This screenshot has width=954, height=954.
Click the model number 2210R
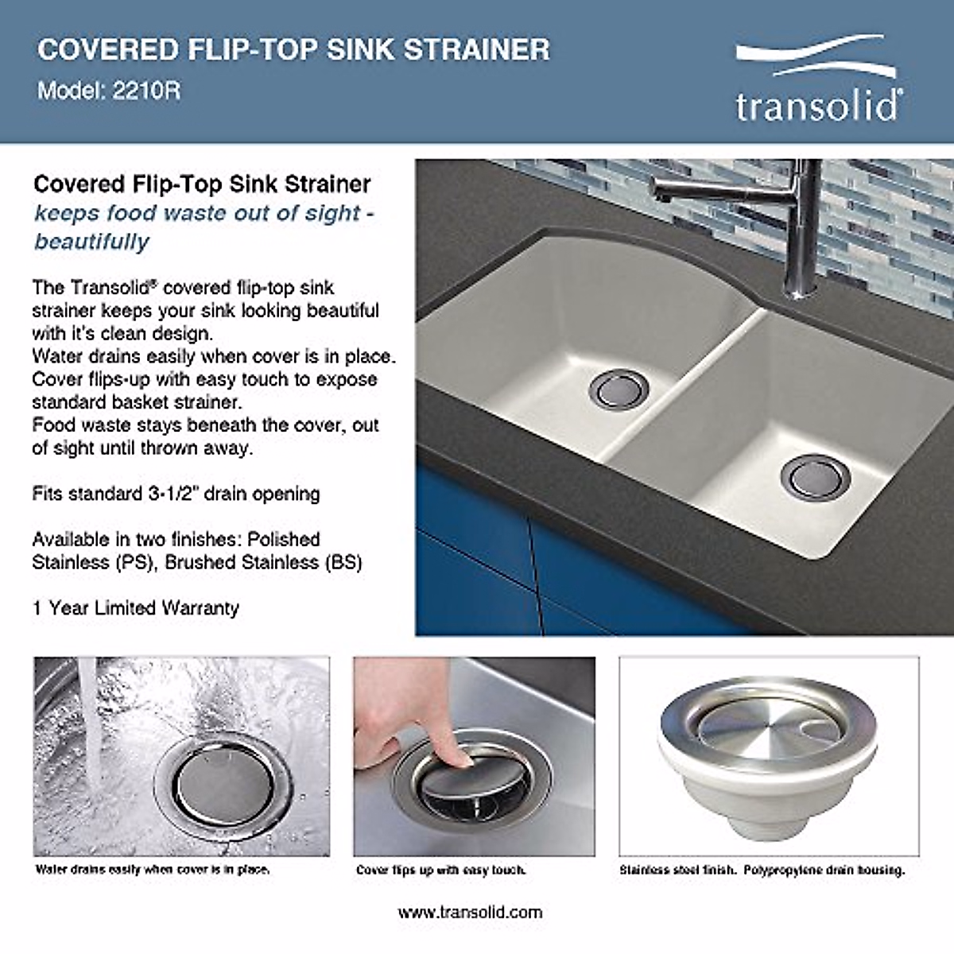pos(146,91)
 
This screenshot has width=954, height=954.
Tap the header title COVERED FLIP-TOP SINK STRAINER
pos(293,49)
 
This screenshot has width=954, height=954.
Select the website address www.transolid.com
pos(470,912)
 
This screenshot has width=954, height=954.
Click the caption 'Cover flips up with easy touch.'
pos(441,870)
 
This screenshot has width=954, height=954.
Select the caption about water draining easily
pos(153,869)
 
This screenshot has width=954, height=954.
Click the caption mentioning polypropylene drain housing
pos(762,870)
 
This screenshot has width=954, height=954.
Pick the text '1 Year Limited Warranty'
pos(135,608)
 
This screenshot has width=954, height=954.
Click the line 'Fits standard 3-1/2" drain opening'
pos(176,494)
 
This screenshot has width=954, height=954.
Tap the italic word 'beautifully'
pos(91,242)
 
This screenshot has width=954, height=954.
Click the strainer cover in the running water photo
pos(223,787)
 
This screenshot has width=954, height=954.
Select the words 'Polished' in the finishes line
pos(283,539)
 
